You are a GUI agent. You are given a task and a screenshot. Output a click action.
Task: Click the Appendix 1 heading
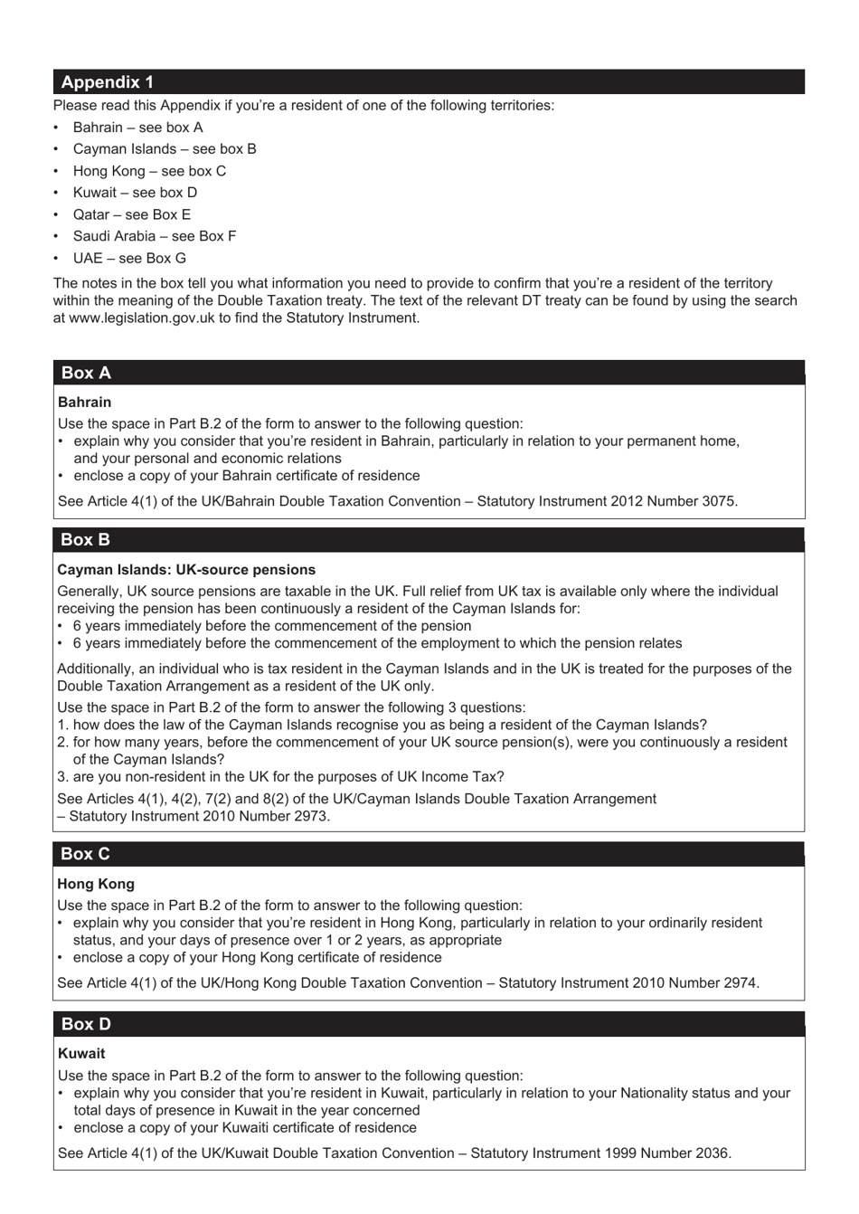(107, 82)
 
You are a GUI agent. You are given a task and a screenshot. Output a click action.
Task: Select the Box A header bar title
(86, 373)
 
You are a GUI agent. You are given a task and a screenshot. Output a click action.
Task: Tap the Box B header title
(85, 540)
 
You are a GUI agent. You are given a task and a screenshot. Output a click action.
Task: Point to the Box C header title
(85, 854)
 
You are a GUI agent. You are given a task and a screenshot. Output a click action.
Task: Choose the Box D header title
(86, 1024)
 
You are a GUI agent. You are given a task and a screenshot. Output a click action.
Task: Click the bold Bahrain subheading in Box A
(84, 403)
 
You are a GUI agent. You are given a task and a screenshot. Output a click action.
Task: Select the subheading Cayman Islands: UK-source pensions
(186, 570)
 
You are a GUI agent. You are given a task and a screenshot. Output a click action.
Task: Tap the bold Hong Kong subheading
(96, 884)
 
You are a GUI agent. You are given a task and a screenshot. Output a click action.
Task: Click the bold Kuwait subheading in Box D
(81, 1054)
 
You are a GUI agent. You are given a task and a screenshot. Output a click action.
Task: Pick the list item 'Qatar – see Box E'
(132, 214)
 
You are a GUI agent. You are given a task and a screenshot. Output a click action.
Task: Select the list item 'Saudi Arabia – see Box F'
(155, 236)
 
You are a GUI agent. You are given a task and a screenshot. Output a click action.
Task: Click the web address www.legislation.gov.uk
(142, 318)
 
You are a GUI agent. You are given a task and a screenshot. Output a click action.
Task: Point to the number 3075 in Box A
(719, 501)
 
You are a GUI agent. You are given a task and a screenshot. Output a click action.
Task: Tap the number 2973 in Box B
(311, 816)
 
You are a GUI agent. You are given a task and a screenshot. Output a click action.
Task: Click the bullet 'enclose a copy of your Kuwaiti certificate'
(244, 1128)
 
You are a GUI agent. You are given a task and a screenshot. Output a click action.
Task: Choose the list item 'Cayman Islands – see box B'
(165, 149)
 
